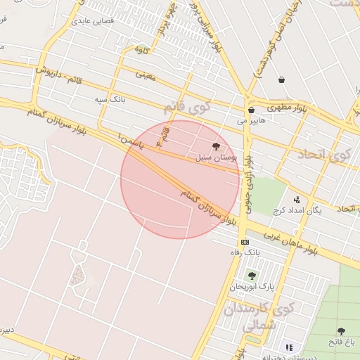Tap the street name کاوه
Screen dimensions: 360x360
tap(141, 49)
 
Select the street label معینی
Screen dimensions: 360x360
tap(146, 73)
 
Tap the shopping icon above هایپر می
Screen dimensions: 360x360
tap(251, 110)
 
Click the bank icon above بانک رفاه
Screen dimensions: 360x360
tap(244, 241)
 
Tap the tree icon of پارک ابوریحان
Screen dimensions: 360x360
tap(252, 276)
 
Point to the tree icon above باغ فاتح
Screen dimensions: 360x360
tap(341, 330)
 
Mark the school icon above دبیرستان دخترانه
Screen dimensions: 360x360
tap(288, 347)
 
